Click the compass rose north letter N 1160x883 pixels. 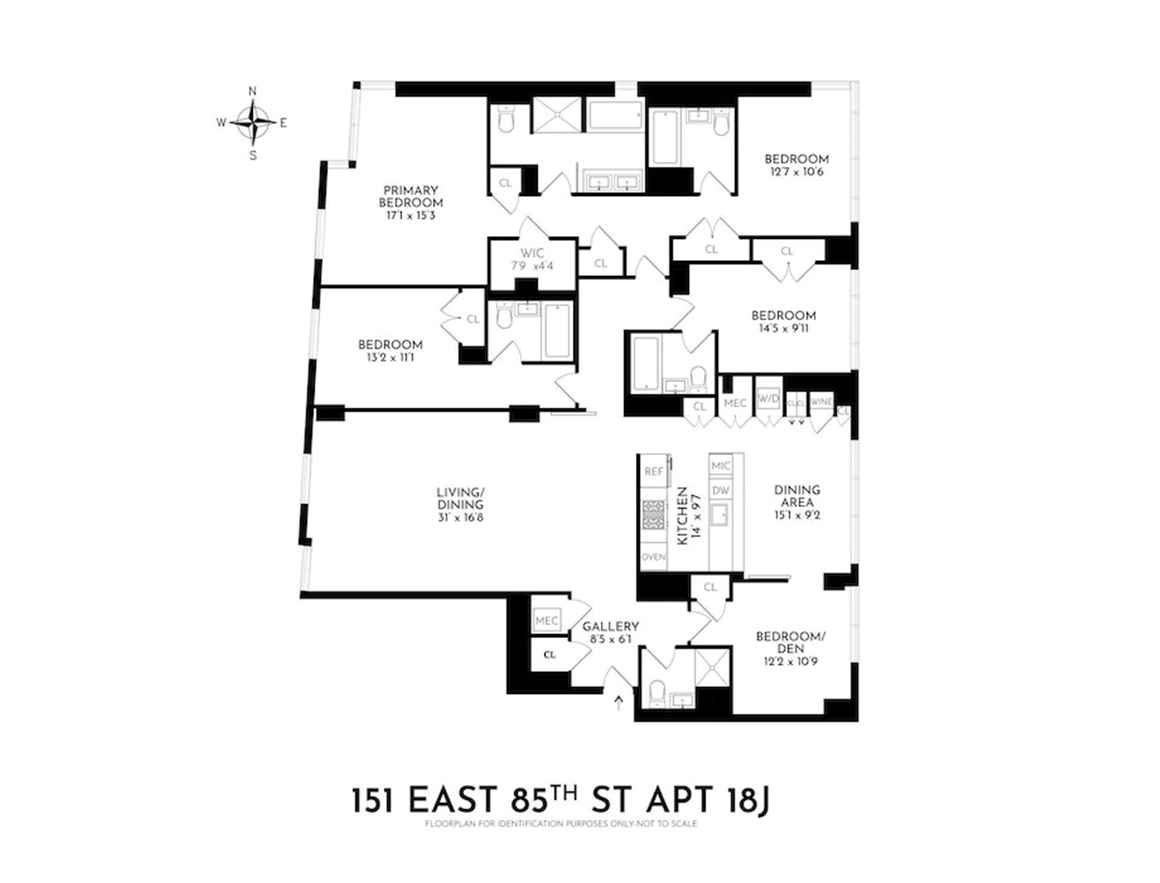(253, 91)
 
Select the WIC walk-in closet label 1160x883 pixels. (532, 253)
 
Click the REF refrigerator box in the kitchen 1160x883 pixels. (654, 471)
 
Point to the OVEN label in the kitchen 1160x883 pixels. (653, 557)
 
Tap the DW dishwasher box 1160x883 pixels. (721, 491)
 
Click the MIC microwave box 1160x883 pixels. (721, 466)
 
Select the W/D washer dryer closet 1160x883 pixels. (768, 399)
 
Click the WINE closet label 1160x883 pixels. (820, 402)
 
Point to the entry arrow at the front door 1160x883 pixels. (618, 702)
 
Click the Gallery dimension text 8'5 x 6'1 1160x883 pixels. (611, 639)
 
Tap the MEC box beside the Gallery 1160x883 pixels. (547, 621)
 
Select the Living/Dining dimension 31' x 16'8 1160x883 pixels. (460, 518)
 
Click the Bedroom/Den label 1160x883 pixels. (790, 642)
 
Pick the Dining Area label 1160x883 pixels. (797, 496)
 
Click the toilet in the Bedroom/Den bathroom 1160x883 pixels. (656, 693)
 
